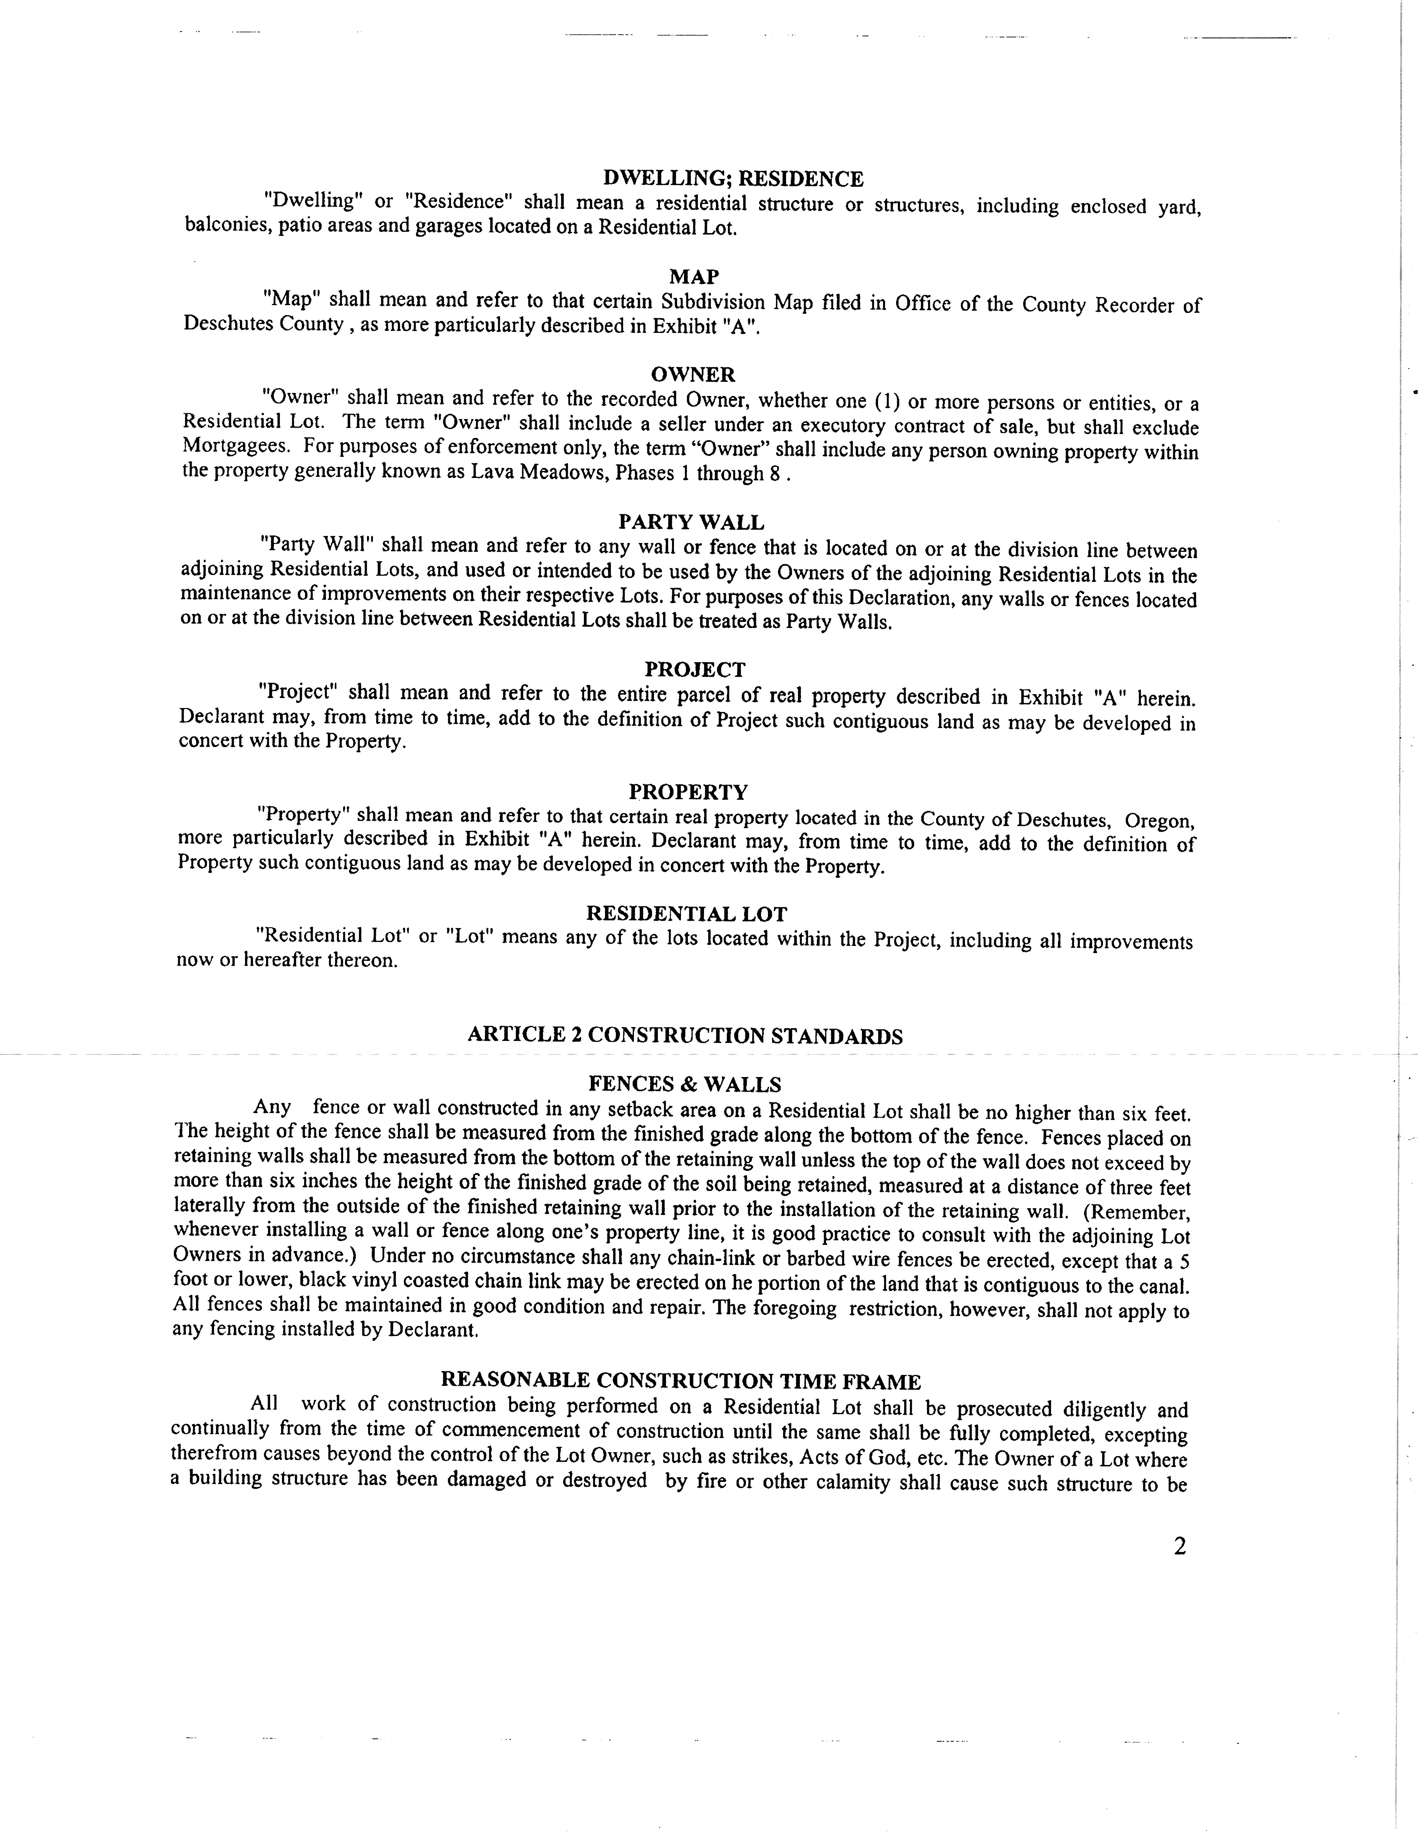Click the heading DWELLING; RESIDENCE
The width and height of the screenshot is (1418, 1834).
733,179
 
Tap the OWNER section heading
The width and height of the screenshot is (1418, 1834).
693,375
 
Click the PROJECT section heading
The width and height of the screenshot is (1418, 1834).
695,669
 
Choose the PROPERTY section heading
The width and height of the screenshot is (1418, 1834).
688,792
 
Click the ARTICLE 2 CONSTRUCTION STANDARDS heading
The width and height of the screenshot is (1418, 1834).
685,1035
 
